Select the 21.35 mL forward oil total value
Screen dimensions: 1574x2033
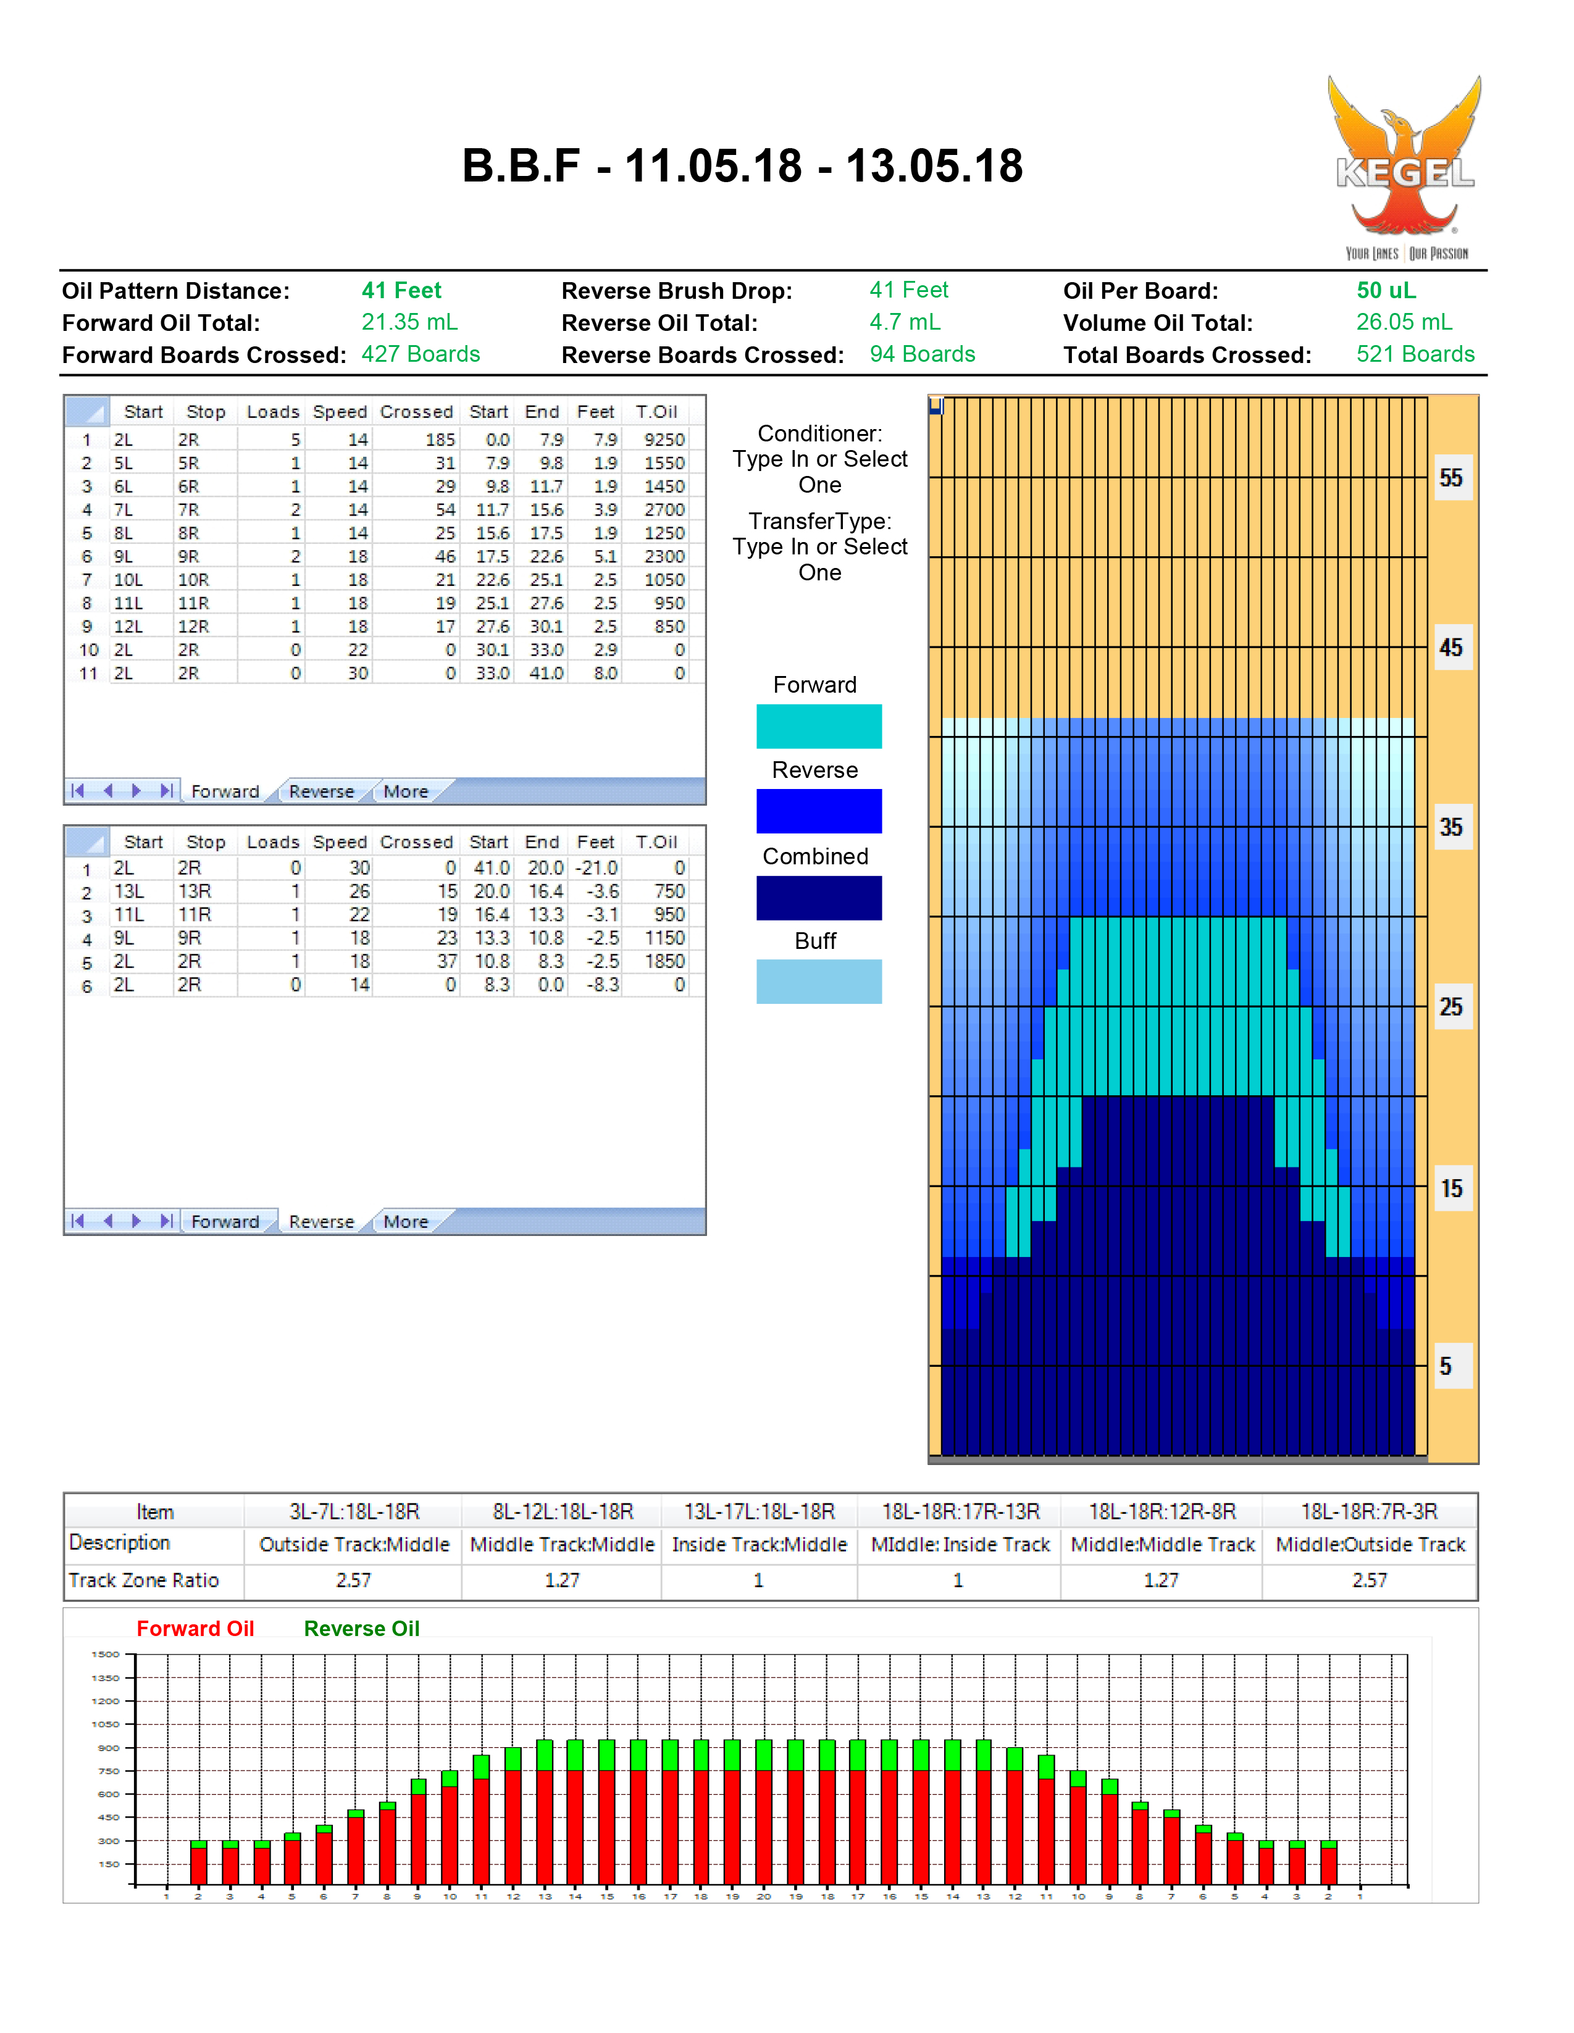click(x=409, y=322)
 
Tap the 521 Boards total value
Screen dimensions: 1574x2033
click(x=1415, y=354)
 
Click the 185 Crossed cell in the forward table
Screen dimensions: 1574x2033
click(x=440, y=440)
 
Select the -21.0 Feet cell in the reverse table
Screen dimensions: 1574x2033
click(x=597, y=867)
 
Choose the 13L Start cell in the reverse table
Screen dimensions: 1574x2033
click(x=128, y=891)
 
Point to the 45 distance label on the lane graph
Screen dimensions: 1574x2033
click(x=1451, y=648)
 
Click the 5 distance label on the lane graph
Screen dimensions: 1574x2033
click(x=1446, y=1366)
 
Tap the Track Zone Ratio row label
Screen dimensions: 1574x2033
click(x=143, y=1580)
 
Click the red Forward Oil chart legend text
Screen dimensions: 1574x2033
click(x=196, y=1628)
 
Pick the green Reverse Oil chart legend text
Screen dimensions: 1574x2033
click(x=362, y=1628)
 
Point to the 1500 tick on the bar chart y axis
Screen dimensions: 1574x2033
click(x=106, y=1654)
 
